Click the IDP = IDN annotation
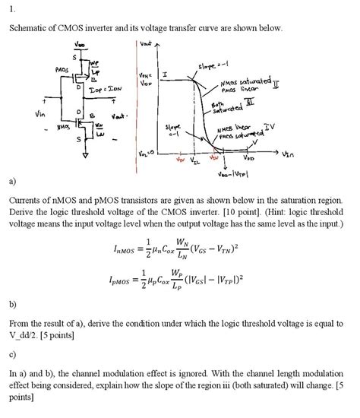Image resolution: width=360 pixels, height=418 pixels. (x=109, y=90)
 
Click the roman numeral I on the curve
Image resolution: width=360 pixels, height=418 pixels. (x=166, y=74)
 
